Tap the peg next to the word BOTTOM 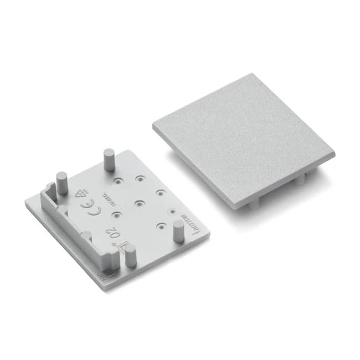coord(178,230)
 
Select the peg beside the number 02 coord(131,258)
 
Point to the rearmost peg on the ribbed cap coord(108,160)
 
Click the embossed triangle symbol coord(81,194)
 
